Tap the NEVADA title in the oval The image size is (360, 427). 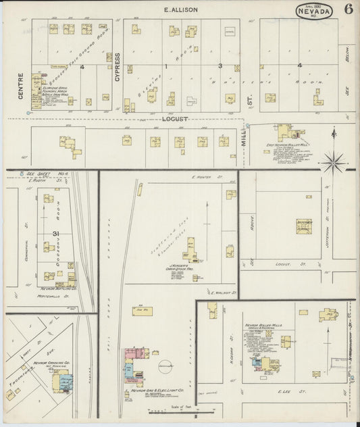click(313, 11)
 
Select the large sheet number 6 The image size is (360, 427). click(348, 9)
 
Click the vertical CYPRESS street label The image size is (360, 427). click(117, 67)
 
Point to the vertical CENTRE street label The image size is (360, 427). click(21, 86)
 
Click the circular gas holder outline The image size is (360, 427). click(165, 366)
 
